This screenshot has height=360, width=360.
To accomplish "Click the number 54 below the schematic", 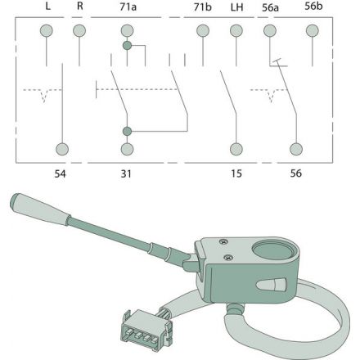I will tap(61, 173).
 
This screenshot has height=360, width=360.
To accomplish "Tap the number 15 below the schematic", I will tap(236, 173).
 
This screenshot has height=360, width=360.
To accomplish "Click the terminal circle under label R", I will tap(79, 32).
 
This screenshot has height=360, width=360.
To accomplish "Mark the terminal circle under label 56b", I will tap(311, 32).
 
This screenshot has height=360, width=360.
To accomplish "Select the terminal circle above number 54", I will tap(61, 150).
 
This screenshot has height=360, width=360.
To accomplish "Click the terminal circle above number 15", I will tap(236, 150).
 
